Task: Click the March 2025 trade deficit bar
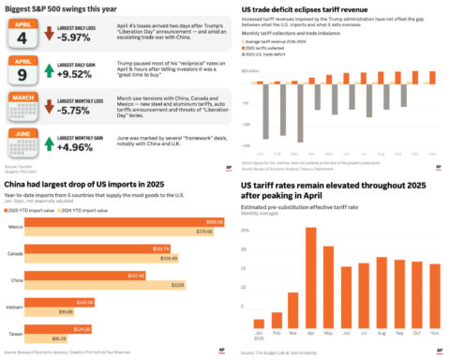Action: click(298, 121)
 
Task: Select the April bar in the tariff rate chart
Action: click(310, 276)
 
